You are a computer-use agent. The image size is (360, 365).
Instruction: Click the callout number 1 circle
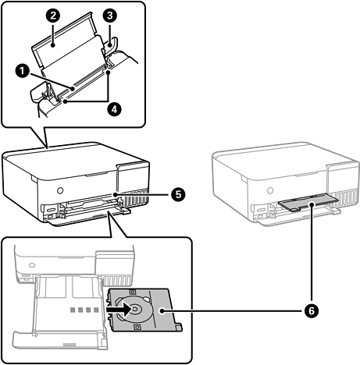(23, 71)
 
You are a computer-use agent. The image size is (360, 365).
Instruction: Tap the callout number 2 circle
(53, 16)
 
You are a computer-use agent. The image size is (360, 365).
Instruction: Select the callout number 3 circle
(109, 16)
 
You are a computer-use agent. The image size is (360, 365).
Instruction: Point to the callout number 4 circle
(115, 109)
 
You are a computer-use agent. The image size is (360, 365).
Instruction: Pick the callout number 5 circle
(178, 194)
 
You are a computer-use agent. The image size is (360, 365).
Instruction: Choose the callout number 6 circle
(312, 310)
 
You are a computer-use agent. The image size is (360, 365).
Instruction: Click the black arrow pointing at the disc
(119, 310)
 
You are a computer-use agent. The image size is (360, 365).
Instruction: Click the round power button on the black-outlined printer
(59, 190)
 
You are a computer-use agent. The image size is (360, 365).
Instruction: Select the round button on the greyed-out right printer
(270, 190)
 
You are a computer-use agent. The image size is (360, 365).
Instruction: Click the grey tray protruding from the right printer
(308, 204)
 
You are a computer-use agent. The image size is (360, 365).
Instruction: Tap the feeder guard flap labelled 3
(111, 44)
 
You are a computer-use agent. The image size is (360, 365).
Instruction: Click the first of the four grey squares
(73, 310)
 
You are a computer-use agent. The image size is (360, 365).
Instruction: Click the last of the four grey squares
(96, 310)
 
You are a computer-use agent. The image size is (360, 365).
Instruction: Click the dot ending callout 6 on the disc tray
(162, 310)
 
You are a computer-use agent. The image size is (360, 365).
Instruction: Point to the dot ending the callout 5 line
(115, 194)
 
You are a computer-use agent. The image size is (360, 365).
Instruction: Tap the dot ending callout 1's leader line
(73, 89)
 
